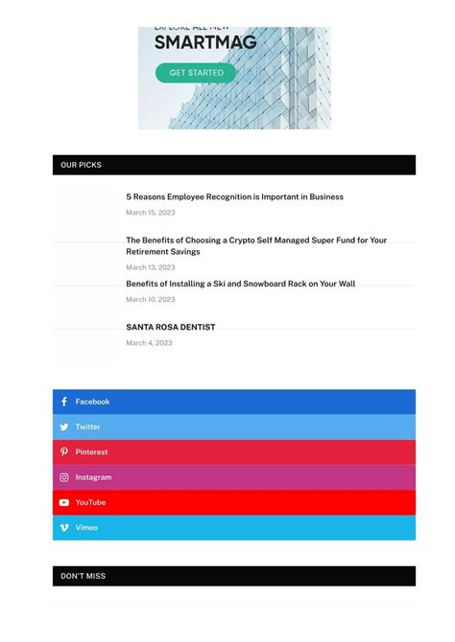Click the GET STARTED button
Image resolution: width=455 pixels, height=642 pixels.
196,73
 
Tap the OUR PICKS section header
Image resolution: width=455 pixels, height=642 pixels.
81,165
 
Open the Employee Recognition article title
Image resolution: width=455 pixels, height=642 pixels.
234,196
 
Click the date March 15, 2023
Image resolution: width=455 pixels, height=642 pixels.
150,213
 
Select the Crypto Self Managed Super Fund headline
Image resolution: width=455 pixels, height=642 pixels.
256,245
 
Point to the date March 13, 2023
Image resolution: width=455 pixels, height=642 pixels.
150,267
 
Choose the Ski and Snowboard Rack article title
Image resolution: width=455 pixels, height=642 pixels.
240,284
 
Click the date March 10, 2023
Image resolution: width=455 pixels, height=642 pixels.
150,299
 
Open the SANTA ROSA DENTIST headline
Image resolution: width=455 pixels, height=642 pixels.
170,327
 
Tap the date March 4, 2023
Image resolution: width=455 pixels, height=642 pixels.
149,342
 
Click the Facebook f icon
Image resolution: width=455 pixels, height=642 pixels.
64,401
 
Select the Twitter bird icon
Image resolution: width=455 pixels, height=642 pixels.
64,427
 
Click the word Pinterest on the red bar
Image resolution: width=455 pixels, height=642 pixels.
91,452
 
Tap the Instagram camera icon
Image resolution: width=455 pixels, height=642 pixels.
64,477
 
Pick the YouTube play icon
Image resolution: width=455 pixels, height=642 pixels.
64,502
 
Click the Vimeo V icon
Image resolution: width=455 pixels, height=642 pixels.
64,527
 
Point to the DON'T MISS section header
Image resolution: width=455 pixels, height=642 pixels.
83,576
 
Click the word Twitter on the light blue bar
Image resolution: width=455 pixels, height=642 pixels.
87,427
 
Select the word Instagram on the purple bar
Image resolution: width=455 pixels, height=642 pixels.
93,477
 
